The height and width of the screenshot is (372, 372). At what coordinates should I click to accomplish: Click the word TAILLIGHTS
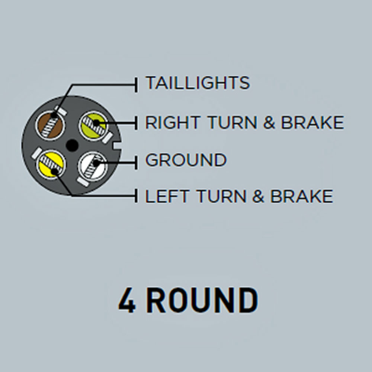coord(198,83)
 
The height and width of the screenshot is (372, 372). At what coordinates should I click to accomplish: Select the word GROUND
coord(186,160)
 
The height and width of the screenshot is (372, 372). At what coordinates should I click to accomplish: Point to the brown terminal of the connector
coord(50,126)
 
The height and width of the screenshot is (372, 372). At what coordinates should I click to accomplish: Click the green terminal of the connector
coord(93,126)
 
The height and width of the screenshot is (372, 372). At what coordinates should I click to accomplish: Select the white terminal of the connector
coord(93,166)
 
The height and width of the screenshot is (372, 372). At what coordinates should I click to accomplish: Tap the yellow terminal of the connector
coord(51,164)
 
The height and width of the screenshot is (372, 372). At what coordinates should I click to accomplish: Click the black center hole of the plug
coord(72,146)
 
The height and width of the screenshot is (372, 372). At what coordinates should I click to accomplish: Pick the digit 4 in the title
coord(127,300)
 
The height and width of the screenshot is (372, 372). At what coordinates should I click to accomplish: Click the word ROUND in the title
coord(202,300)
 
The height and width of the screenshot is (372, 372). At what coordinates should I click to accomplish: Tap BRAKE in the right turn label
coord(312,122)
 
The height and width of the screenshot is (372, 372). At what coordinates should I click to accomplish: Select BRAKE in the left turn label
coord(302,196)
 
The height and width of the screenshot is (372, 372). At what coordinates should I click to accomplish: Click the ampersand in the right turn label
coord(269,122)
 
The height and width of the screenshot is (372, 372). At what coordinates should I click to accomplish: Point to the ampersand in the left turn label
coord(259,196)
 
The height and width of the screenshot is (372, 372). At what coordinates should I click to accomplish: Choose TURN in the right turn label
coord(232,122)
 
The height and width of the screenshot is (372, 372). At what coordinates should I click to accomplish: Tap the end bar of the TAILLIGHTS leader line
coord(136,85)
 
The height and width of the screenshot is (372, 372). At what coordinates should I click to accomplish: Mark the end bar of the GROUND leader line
coord(136,162)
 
